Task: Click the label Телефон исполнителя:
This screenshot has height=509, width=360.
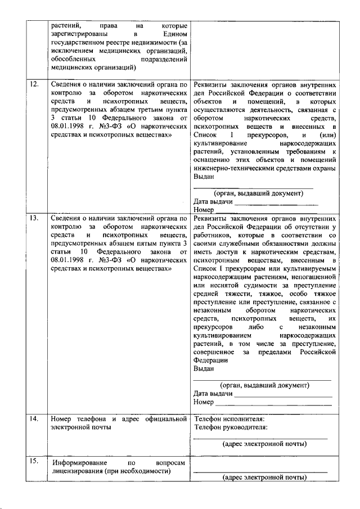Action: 229,418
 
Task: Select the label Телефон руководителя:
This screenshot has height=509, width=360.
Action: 231,427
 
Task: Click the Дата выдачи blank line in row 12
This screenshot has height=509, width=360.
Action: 276,202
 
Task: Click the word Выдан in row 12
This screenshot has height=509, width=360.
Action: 204,176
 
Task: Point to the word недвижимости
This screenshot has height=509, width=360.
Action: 152,42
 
